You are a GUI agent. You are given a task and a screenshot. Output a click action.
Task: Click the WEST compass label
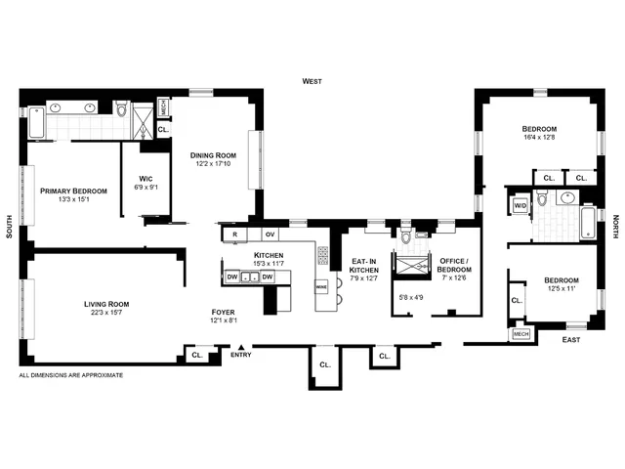[312, 81]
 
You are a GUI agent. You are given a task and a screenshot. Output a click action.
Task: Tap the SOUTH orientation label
[9, 229]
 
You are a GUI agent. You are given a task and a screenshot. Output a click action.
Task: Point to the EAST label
[571, 340]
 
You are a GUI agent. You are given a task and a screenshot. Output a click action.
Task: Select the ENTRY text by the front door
[240, 355]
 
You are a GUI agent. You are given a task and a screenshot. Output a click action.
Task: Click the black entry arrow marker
[241, 345]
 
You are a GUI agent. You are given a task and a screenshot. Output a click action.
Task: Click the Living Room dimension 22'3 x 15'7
[105, 314]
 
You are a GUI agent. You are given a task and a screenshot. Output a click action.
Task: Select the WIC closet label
[144, 178]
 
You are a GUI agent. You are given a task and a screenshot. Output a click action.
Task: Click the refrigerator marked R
[235, 234]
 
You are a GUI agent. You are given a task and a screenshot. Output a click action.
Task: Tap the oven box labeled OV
[271, 234]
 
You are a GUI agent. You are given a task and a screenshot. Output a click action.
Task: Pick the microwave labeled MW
[320, 287]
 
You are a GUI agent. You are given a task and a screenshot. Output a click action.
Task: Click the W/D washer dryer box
[520, 205]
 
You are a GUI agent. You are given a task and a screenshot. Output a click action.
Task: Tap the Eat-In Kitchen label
[363, 268]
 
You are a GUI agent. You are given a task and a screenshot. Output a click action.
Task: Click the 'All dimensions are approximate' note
[71, 375]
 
